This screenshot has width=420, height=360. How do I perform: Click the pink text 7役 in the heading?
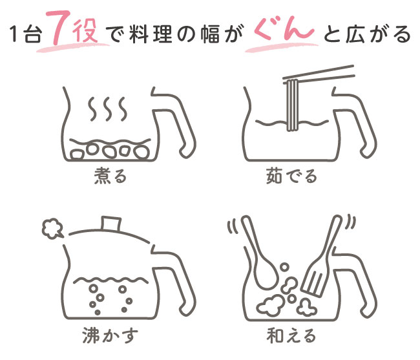point(74,28)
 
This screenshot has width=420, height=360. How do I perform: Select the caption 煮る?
point(110,176)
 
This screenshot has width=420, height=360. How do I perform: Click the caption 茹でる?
point(291,176)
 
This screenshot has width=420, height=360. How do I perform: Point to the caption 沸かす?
point(110,335)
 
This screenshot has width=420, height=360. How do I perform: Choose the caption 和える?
point(291,335)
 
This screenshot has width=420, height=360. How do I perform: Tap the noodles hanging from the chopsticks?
point(292,105)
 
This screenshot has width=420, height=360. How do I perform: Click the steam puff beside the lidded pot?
point(52,229)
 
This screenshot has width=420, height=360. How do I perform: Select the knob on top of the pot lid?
point(111,224)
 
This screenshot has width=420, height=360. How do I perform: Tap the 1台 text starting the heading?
point(26,35)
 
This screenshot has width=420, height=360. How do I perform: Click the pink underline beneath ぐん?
point(282,48)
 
